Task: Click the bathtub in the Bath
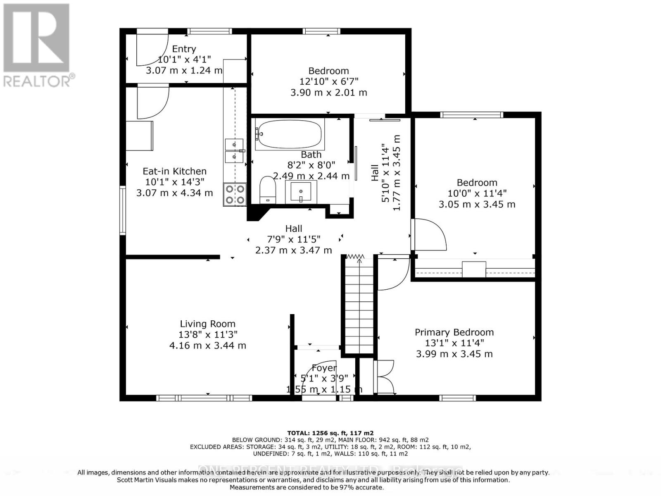click(290, 134)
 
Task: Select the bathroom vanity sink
click(301, 192)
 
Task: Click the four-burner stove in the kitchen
click(235, 194)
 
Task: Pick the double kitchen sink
click(234, 151)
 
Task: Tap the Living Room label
click(207, 324)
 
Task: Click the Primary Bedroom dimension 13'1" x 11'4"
click(454, 343)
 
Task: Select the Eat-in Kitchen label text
click(174, 171)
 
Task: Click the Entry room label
click(184, 49)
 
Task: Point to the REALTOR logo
click(37, 45)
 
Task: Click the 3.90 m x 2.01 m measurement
click(328, 92)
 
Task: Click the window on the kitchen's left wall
click(123, 211)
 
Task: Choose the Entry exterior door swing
click(151, 48)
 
